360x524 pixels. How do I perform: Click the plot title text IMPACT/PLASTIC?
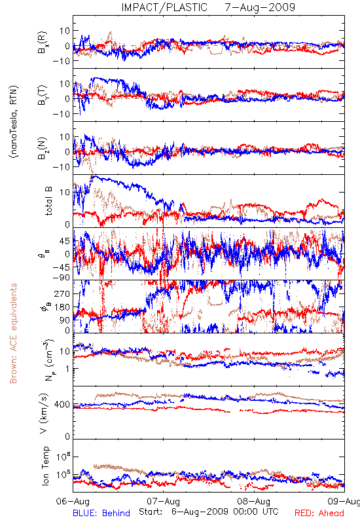[164, 7]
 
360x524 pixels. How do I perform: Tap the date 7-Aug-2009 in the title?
[260, 7]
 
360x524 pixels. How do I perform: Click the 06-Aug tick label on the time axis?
[73, 501]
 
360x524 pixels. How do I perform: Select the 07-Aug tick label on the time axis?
[163, 501]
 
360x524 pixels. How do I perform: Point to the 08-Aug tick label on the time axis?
[254, 501]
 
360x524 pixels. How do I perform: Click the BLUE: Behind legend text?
[101, 513]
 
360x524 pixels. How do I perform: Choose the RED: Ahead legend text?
[319, 513]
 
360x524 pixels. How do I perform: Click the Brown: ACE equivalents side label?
[13, 333]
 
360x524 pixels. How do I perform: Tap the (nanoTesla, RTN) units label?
[13, 122]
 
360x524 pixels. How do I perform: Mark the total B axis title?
[48, 201]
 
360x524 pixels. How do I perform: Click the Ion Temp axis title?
[45, 466]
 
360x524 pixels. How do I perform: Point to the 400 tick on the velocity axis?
[62, 405]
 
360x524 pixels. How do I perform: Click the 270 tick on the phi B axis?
[62, 293]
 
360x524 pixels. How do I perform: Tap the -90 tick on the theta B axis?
[62, 278]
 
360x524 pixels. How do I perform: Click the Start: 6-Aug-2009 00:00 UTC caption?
[208, 512]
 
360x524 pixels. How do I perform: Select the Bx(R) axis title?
[43, 43]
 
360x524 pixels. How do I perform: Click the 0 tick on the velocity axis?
[67, 436]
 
